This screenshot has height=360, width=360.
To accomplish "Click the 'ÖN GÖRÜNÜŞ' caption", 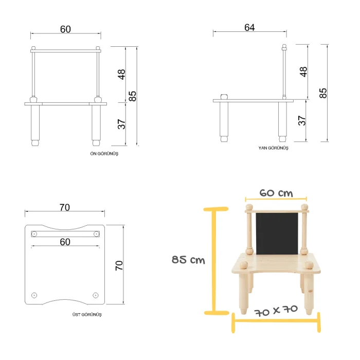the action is tap(104, 154).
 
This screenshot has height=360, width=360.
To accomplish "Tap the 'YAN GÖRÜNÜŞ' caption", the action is tap(273, 148).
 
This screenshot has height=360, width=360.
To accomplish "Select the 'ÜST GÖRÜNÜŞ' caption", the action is tap(87, 315).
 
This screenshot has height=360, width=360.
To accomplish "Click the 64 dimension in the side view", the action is tap(249, 28).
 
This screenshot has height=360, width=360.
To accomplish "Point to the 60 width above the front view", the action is tap(65, 29).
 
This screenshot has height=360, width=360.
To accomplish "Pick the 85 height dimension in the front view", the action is tap(133, 96).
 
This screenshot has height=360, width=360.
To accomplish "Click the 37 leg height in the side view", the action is tap(302, 120).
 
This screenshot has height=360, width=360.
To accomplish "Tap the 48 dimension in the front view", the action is tap(121, 75).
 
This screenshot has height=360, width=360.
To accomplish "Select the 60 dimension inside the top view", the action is tap(65, 242).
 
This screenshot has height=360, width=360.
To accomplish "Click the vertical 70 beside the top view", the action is tap(119, 266).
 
